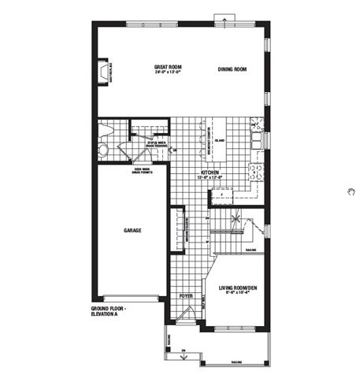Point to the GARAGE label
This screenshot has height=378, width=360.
tap(132, 231)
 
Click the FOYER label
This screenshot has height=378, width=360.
tap(186, 295)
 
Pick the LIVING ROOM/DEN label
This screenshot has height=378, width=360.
tap(237, 287)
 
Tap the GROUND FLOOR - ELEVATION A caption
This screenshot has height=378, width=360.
tap(109, 311)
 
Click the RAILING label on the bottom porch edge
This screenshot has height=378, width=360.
tap(236, 363)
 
